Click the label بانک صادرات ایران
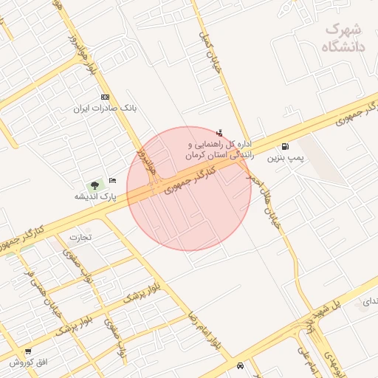[105, 109]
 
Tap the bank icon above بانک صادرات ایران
[105, 97]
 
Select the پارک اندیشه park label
[96, 196]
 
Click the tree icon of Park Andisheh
[94, 185]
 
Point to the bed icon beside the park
[112, 180]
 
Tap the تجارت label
[79, 238]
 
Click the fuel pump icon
[285, 147]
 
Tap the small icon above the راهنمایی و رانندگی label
[219, 133]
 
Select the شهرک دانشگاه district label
[344, 38]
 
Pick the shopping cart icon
[28, 351]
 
